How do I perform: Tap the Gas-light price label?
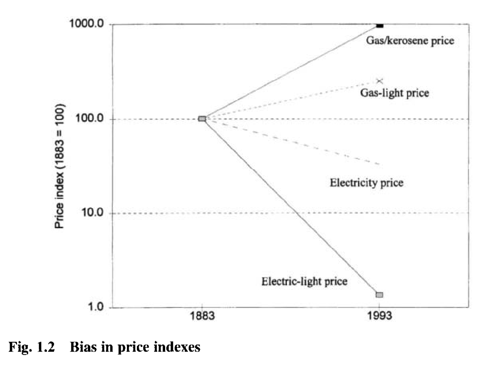tap(394, 93)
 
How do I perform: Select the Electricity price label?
tap(366, 182)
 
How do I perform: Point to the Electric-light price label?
tap(304, 281)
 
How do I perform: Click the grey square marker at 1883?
tap(202, 119)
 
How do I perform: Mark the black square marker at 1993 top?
tap(379, 25)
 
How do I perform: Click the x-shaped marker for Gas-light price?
tap(379, 81)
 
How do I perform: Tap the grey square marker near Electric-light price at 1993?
tap(379, 295)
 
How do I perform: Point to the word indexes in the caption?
tap(179, 348)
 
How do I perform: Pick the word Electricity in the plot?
tap(351, 182)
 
